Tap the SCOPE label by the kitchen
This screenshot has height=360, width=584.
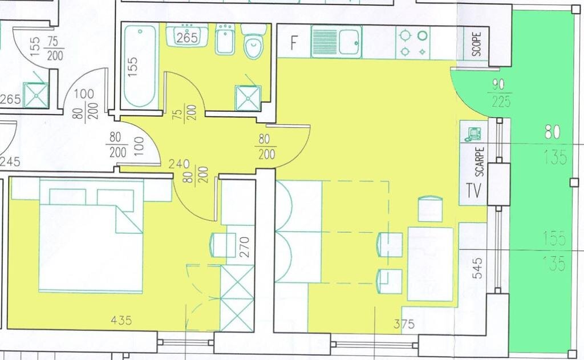(x=476, y=44)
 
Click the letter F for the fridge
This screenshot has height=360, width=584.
(x=294, y=43)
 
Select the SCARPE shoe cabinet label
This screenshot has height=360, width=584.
(x=480, y=161)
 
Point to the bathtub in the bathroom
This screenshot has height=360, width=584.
(x=140, y=66)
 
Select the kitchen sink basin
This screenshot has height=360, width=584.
(x=350, y=42)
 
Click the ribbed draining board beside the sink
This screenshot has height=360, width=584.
(x=325, y=42)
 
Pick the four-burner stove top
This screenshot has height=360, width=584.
(x=413, y=42)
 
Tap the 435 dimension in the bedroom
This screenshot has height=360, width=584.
(x=121, y=320)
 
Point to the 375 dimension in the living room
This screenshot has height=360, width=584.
(x=404, y=324)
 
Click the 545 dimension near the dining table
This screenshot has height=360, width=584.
(x=477, y=268)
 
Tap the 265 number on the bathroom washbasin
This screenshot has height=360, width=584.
(x=186, y=38)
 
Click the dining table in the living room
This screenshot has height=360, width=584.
(x=431, y=264)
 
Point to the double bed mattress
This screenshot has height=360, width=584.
(x=91, y=248)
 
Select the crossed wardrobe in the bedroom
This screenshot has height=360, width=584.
(x=237, y=298)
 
